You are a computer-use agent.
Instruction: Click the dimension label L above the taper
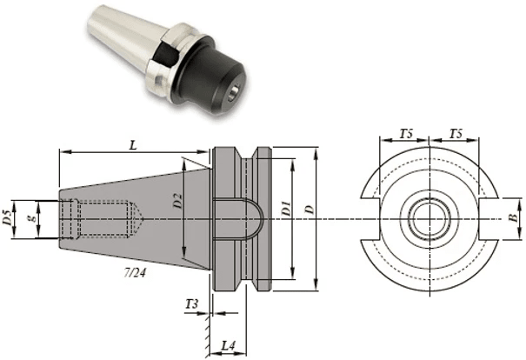(133, 146)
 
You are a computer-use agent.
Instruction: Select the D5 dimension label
(8, 217)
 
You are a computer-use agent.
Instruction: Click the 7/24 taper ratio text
(137, 273)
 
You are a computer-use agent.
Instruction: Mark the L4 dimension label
(228, 345)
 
